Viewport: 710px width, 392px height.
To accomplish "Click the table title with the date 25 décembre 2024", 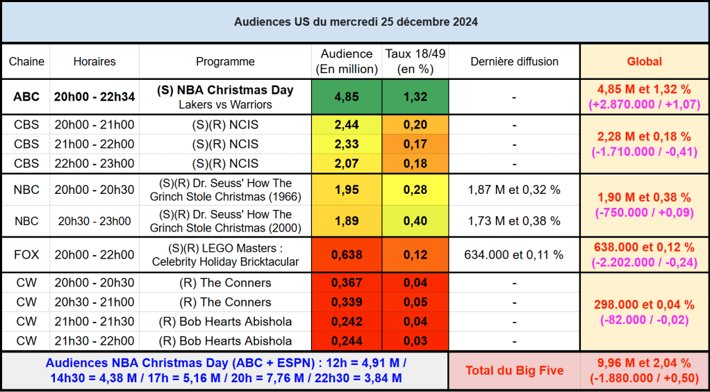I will tap(355, 22).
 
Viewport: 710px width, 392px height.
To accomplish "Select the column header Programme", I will tap(225, 61).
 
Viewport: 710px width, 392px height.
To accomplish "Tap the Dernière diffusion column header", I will tap(514, 61).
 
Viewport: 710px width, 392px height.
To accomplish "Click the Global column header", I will tap(644, 61).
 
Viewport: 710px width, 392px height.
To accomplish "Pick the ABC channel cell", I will tap(26, 97).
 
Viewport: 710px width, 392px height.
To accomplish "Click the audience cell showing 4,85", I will tap(346, 97).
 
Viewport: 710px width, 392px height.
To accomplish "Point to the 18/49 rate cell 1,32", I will tap(415, 97).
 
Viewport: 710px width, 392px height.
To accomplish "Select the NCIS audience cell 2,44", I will tap(346, 125).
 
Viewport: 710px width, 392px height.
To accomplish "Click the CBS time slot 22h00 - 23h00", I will tap(94, 163).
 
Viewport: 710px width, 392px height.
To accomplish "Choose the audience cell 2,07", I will tap(346, 163).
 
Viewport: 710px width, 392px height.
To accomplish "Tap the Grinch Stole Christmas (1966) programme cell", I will tap(225, 190).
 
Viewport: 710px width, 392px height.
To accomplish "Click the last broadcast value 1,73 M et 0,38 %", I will tap(514, 221).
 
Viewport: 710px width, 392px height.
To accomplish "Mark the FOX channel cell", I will tap(26, 254).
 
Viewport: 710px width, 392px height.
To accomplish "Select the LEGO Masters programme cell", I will tap(225, 254).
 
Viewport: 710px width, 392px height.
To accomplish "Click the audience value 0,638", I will tap(346, 254).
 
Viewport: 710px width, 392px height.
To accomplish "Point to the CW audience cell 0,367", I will tap(346, 283).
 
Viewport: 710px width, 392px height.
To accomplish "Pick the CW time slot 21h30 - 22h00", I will tap(94, 341).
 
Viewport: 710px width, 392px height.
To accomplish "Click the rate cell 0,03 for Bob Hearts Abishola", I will tap(415, 341).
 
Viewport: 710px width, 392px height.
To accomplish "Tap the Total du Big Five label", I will tap(514, 370).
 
